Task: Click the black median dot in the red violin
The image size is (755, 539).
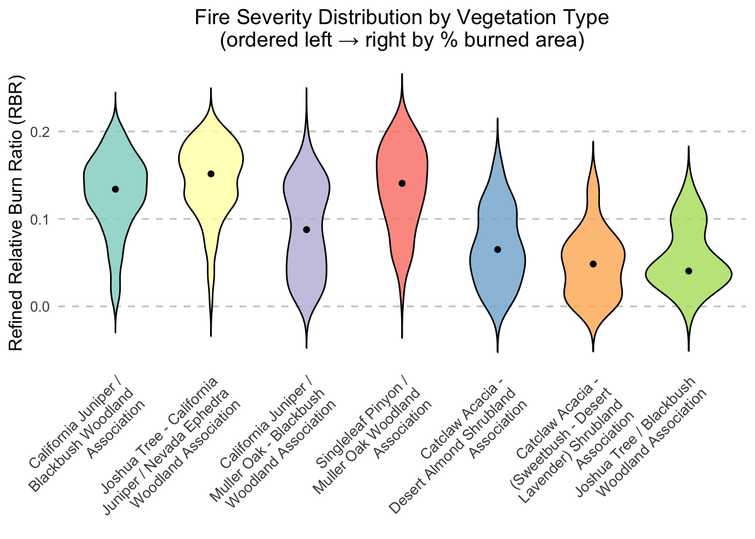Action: click(402, 184)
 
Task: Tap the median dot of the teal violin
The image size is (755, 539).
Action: click(115, 189)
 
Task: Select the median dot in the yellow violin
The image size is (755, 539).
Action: click(211, 174)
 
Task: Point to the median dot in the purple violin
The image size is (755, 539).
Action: click(306, 230)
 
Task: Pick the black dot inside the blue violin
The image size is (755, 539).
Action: click(497, 249)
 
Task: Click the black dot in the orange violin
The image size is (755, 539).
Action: click(593, 264)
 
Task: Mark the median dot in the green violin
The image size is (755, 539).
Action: click(688, 271)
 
